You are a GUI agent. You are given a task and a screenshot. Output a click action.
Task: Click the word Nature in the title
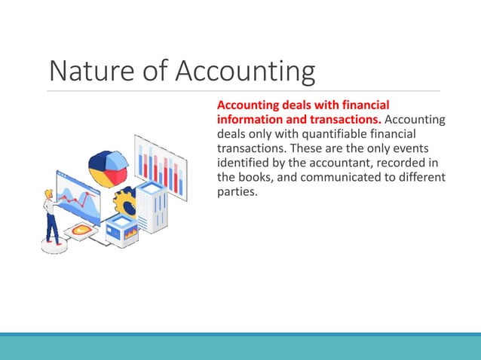(x=84, y=72)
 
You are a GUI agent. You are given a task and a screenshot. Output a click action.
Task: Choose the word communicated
(x=346, y=177)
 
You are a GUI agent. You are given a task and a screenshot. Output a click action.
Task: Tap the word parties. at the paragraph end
(x=237, y=191)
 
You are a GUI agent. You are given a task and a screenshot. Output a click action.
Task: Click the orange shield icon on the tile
(x=81, y=229)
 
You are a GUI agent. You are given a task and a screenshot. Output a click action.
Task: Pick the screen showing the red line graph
(x=78, y=197)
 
